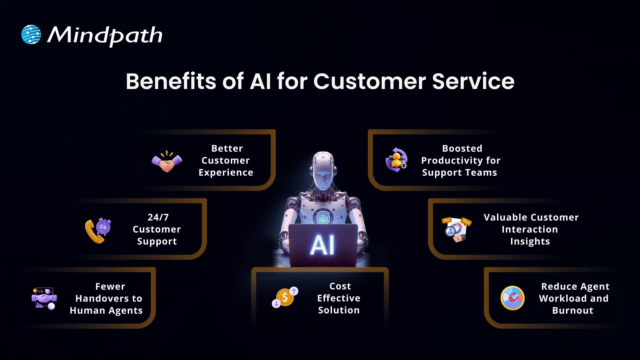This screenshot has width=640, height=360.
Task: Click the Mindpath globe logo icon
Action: tap(31, 34)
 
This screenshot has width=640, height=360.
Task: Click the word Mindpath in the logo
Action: tap(105, 35)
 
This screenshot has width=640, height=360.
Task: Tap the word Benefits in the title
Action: tap(171, 81)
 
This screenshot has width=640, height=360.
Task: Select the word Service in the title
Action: tap(473, 81)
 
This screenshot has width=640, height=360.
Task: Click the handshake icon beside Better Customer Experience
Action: tap(167, 162)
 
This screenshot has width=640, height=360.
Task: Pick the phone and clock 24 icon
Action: tap(98, 230)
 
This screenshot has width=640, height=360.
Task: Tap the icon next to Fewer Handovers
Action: tap(44, 298)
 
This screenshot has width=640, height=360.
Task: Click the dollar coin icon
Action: tap(285, 297)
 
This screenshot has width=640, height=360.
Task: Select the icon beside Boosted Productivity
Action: tap(396, 160)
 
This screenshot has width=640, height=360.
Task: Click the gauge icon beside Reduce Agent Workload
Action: tap(512, 298)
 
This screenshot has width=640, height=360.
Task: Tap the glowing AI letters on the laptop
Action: tap(322, 245)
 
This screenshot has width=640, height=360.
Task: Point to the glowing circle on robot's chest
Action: tap(322, 218)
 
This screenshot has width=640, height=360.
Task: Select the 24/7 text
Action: tap(158, 217)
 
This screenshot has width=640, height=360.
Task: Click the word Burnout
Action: tap(573, 311)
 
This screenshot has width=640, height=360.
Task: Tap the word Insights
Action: tap(530, 241)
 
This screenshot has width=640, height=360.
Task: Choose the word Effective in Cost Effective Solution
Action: tap(339, 298)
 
